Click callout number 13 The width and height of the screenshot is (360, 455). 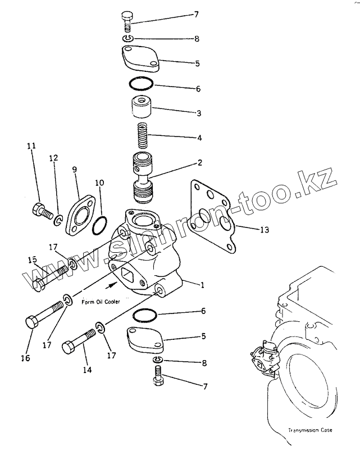(x=249, y=230)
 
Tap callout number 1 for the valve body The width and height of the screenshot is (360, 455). (x=202, y=285)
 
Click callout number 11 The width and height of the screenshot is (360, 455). (x=31, y=146)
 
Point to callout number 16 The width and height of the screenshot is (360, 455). (x=25, y=357)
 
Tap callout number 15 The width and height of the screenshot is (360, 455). (x=33, y=260)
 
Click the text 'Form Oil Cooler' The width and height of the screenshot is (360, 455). (x=101, y=302)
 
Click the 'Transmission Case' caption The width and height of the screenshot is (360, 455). (x=309, y=430)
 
